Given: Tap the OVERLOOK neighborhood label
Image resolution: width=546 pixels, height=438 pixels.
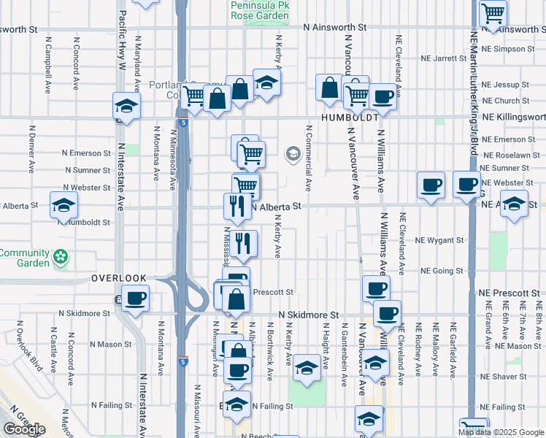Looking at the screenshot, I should [119, 279].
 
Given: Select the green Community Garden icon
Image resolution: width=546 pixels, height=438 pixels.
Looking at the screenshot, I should [61, 257].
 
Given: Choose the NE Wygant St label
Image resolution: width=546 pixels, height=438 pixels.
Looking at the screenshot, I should [439, 239].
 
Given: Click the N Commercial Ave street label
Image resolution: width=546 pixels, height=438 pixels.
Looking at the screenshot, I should [309, 158].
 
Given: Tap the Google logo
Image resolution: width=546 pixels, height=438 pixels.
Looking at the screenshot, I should [23, 429].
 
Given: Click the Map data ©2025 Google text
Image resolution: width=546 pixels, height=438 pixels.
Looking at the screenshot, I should [501, 432].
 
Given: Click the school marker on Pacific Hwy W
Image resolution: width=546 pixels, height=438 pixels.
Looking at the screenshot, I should [126, 108].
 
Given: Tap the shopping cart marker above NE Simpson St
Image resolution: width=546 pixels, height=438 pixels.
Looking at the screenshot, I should [493, 12].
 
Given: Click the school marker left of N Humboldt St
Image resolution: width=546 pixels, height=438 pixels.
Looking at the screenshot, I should [64, 205].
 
